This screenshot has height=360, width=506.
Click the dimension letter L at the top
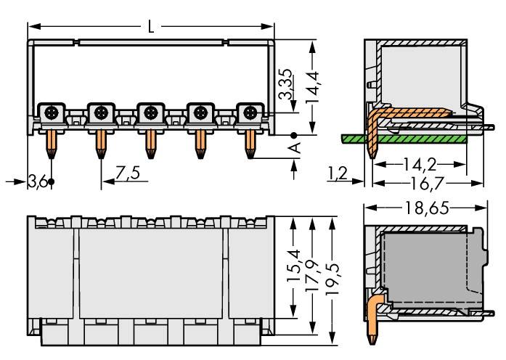[150, 28]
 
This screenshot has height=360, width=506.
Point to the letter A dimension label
[294, 149]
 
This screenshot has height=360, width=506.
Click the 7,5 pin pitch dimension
[127, 173]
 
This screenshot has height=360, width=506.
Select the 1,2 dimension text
[338, 173]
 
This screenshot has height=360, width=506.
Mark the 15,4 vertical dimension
[293, 269]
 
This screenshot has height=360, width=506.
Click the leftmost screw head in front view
[51, 112]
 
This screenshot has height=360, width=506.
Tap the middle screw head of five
[150, 112]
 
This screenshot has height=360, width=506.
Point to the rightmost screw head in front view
[250, 112]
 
